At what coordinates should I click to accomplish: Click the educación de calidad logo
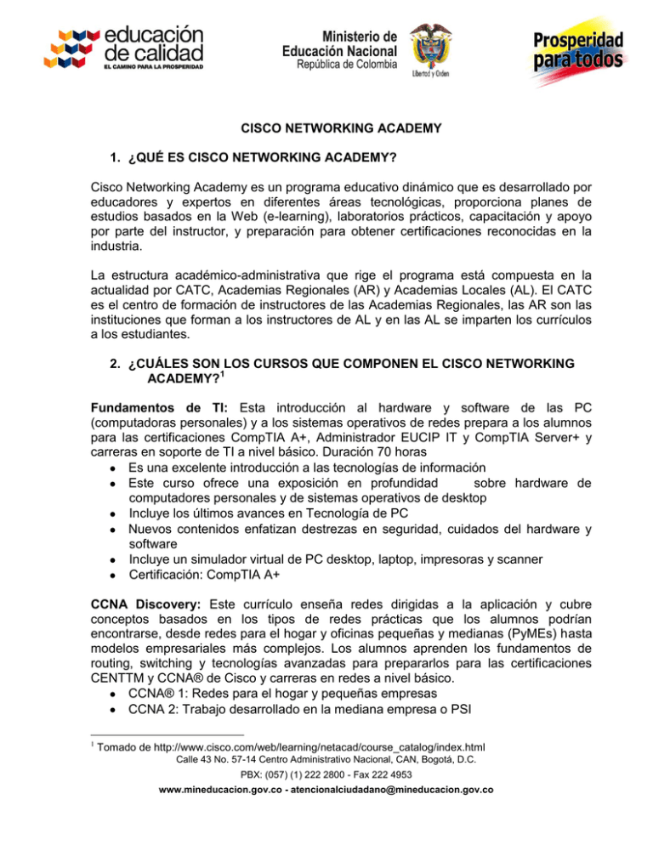pos(131,48)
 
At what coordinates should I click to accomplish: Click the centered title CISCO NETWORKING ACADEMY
pos(326,130)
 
